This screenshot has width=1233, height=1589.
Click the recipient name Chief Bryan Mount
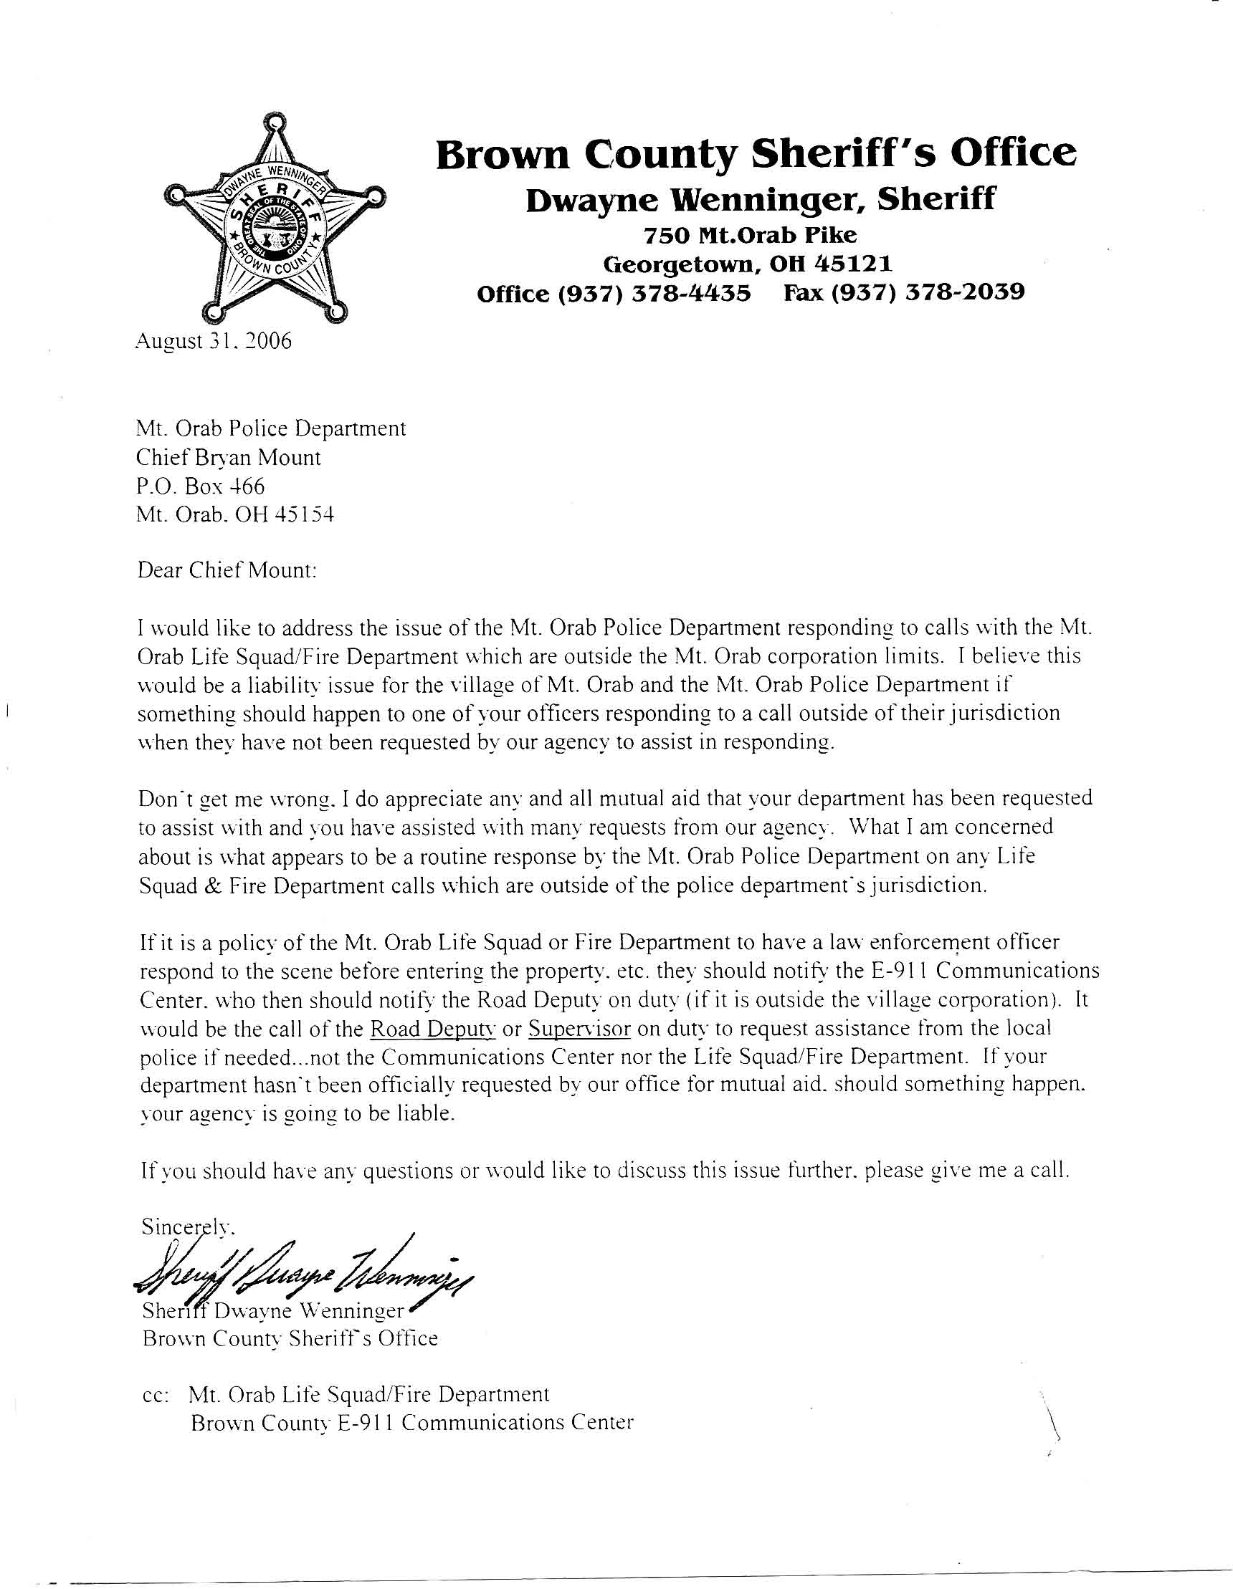[x=229, y=457]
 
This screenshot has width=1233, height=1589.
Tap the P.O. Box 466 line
[x=201, y=485]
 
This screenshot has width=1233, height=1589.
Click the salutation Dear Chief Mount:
[x=227, y=570]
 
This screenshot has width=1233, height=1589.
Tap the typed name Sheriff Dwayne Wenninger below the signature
[x=273, y=1311]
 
